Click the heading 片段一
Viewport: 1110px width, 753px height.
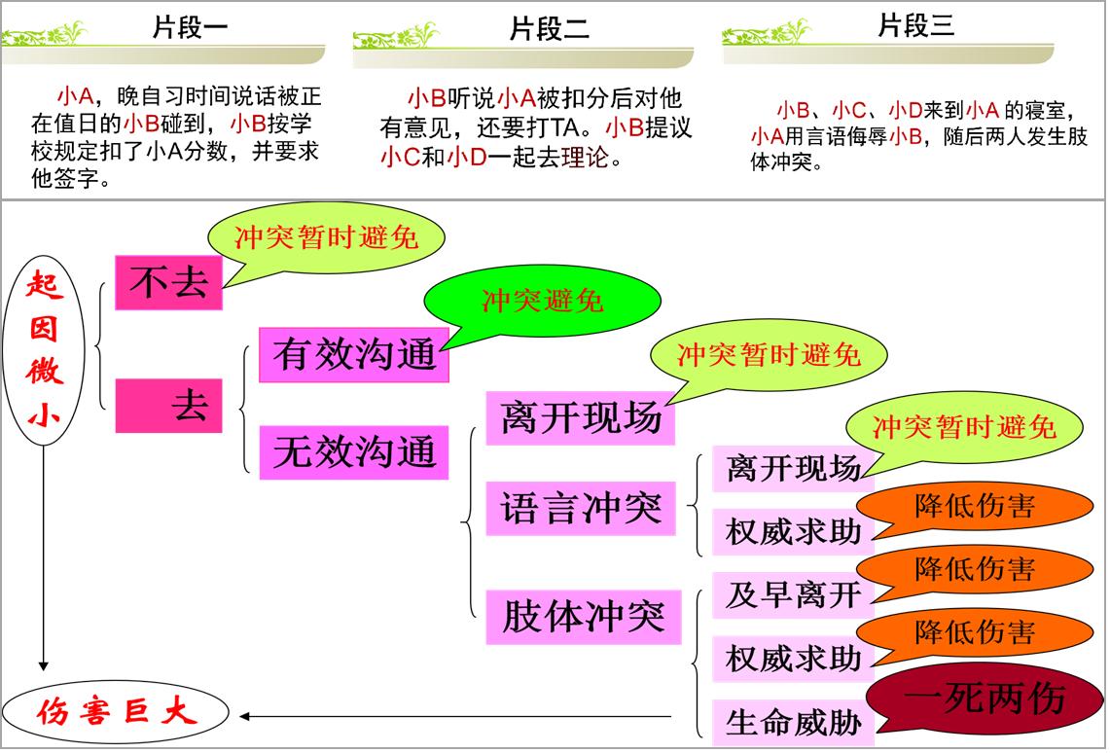click(x=191, y=27)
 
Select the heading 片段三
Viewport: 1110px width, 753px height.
click(x=916, y=25)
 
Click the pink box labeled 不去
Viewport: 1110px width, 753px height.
click(x=168, y=282)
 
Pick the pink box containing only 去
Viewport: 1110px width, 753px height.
click(x=168, y=406)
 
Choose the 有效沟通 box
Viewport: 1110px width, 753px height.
click(x=354, y=354)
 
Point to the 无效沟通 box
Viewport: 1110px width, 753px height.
click(x=354, y=452)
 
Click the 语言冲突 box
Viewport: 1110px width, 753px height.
click(x=581, y=508)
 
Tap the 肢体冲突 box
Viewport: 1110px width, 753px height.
click(x=584, y=617)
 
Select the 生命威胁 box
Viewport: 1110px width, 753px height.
click(x=793, y=723)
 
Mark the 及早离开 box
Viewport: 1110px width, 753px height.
click(x=793, y=595)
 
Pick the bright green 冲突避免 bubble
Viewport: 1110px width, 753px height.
click(x=542, y=302)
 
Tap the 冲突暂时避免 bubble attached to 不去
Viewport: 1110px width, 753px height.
click(x=326, y=237)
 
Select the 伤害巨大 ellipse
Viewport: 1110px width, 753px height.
click(x=116, y=712)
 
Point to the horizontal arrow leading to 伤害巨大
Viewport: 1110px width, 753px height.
click(x=456, y=716)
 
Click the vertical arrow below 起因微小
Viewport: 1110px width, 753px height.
click(x=43, y=558)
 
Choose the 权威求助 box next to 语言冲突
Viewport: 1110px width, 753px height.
click(x=793, y=531)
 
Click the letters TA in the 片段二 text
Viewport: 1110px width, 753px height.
click(x=565, y=128)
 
